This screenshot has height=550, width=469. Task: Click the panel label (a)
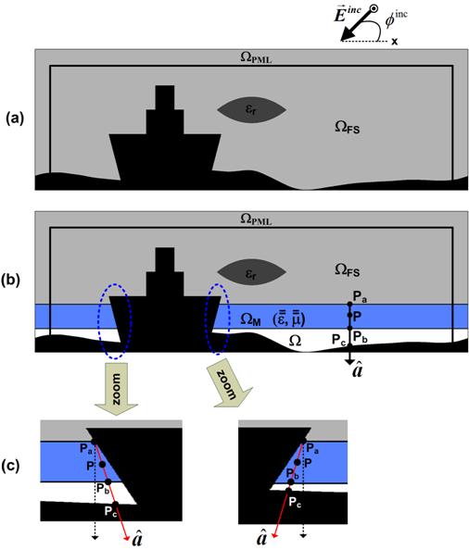click(x=15, y=119)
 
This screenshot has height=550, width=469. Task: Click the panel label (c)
click(x=10, y=466)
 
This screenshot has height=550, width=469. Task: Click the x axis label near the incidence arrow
click(x=395, y=42)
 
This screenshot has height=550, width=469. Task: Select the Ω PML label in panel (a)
click(x=256, y=57)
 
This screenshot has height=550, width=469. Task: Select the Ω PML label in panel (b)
click(x=256, y=219)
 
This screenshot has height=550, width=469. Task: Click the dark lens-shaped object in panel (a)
click(x=252, y=110)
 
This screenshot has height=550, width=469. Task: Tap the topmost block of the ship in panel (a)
click(x=165, y=97)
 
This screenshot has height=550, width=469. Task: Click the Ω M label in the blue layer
click(x=250, y=319)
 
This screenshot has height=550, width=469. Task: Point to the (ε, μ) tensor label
click(x=288, y=318)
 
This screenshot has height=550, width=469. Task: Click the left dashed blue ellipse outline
click(x=100, y=320)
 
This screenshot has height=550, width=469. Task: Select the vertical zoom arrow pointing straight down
click(x=116, y=389)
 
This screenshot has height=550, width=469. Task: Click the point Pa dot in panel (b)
click(x=349, y=304)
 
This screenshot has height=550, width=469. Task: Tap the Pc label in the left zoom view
click(x=109, y=511)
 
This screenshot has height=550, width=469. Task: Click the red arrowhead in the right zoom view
click(x=275, y=533)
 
